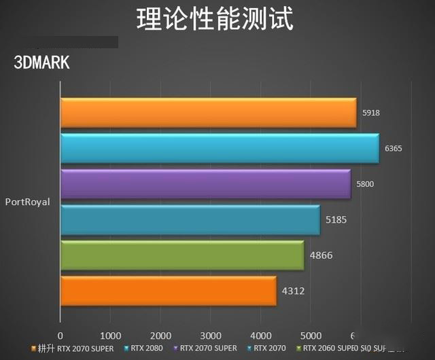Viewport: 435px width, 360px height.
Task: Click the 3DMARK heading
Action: tap(42, 62)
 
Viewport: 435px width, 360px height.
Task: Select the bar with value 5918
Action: tap(208, 113)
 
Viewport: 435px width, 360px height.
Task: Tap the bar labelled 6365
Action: tap(220, 148)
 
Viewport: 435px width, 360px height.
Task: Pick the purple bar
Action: tap(205, 184)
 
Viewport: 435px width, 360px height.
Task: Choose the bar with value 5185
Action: tap(190, 219)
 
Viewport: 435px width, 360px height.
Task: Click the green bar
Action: tap(182, 255)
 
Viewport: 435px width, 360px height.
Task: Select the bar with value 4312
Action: tap(168, 291)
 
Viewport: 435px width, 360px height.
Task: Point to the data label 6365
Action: tap(394, 148)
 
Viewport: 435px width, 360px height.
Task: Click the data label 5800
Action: tap(366, 184)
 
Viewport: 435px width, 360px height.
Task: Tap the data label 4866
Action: tap(320, 255)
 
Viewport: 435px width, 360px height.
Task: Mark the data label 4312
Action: tap(293, 291)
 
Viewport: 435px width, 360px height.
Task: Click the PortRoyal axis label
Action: tap(27, 202)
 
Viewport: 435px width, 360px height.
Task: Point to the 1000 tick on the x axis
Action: tap(110, 336)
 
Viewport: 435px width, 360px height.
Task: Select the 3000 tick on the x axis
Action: tap(211, 336)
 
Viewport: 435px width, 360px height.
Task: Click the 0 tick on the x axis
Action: tap(60, 336)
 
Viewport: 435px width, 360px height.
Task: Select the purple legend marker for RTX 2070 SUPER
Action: tap(177, 348)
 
